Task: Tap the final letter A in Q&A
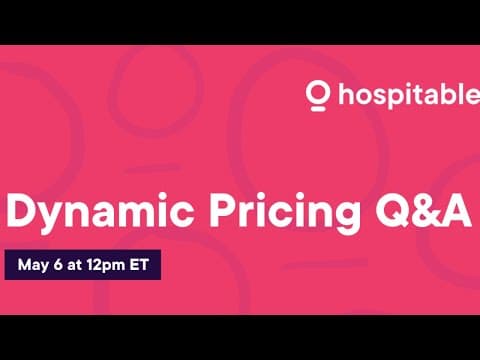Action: [x=455, y=212]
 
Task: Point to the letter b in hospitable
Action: [x=444, y=97]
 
